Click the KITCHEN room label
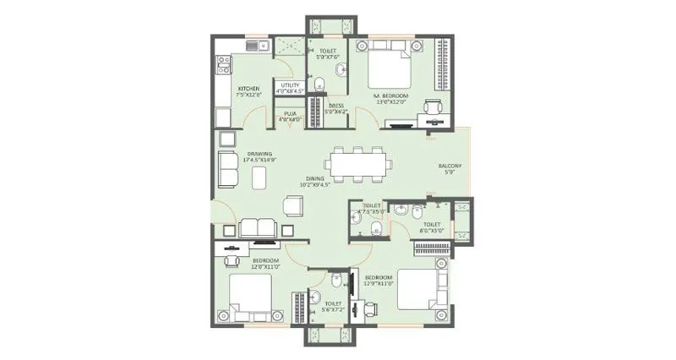click(x=248, y=88)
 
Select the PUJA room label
click(x=289, y=113)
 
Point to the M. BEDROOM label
click(x=391, y=96)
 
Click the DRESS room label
click(x=335, y=106)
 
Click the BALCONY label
click(x=449, y=166)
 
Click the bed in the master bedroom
click(x=390, y=68)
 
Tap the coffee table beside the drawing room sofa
click(x=259, y=176)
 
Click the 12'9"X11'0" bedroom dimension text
click(x=378, y=284)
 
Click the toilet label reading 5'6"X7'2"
click(x=333, y=308)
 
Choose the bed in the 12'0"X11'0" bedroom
click(x=250, y=297)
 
